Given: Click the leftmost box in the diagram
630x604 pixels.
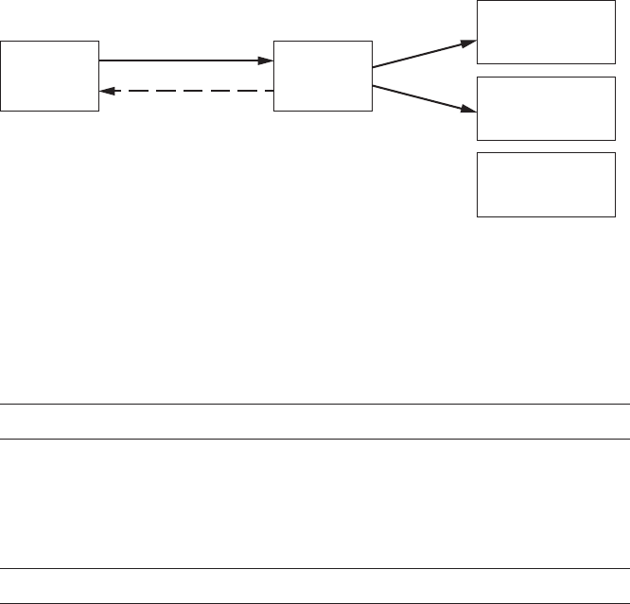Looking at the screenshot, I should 50,76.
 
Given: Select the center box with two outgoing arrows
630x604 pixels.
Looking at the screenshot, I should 323,76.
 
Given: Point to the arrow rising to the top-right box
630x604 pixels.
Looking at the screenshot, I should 423,55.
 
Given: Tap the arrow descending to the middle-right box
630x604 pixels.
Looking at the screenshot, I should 423,98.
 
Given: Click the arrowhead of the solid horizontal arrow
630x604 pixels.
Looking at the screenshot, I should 266,61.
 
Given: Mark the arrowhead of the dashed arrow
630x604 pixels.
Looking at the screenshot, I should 107,91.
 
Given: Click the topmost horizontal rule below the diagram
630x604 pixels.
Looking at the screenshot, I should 315,405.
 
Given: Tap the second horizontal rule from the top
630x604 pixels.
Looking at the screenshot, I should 315,439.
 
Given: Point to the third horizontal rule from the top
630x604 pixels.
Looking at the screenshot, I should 315,568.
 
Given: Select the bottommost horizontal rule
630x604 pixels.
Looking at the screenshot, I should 315,602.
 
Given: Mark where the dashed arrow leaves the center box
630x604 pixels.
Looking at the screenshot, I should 271,91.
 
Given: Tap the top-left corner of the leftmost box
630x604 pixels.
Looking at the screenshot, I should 1,41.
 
